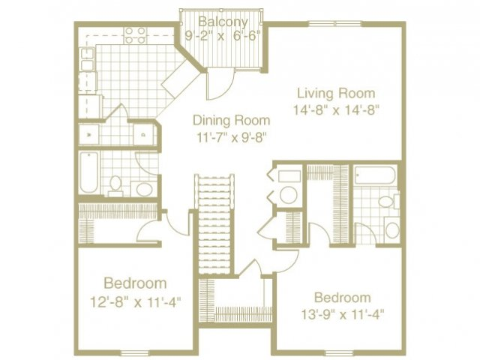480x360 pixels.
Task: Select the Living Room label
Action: (335, 94)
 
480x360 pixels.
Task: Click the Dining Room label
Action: (230, 120)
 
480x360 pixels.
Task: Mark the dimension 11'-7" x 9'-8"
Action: (230, 136)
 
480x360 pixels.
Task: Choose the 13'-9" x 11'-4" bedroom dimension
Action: (342, 313)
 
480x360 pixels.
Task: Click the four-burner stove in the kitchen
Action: (135, 34)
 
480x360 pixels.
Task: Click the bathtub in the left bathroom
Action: (89, 173)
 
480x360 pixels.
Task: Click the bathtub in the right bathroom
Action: (375, 175)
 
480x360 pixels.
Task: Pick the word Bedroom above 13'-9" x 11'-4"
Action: (342, 296)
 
